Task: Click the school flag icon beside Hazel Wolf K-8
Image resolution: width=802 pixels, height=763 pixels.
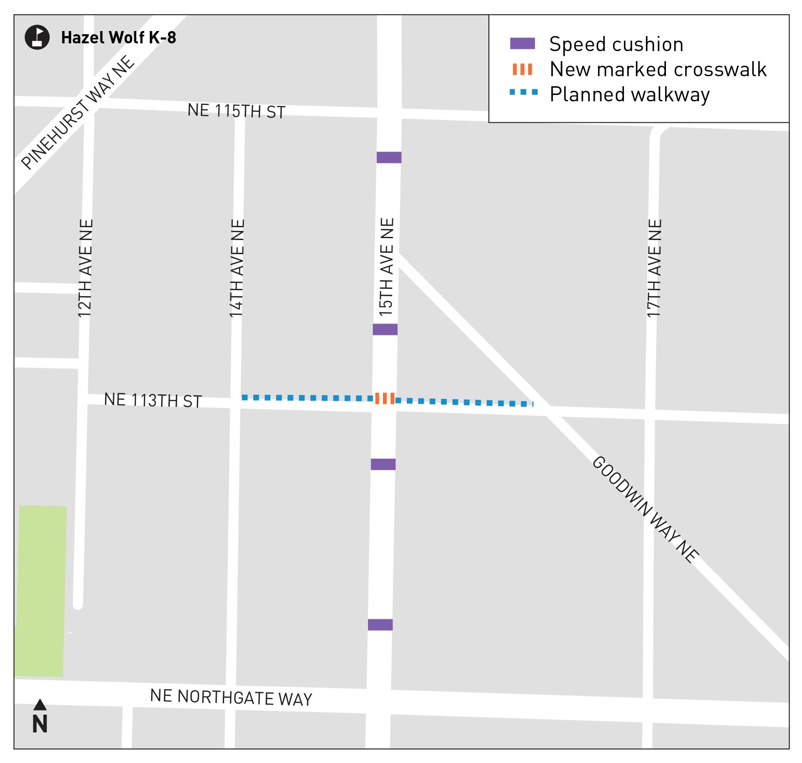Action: click(37, 37)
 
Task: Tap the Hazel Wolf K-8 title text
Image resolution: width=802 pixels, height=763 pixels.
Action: click(118, 37)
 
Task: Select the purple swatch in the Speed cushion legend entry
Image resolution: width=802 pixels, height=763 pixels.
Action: click(522, 44)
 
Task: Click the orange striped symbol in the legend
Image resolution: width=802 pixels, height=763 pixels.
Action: click(522, 69)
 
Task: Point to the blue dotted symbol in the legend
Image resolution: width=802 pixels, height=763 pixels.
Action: click(523, 93)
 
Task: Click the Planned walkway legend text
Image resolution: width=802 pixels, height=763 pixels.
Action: click(629, 94)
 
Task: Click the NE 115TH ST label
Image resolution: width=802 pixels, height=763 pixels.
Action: click(236, 111)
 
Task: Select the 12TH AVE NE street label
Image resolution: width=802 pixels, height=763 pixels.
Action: click(85, 268)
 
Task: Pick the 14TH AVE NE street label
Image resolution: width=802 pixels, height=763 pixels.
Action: click(237, 268)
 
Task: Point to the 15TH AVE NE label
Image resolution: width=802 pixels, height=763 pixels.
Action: click(386, 267)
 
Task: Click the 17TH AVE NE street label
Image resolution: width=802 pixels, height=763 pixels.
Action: click(654, 268)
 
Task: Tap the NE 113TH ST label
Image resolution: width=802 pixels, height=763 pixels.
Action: click(152, 400)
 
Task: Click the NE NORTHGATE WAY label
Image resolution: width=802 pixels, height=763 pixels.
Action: click(231, 697)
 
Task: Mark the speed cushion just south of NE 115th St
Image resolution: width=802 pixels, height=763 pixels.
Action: click(389, 157)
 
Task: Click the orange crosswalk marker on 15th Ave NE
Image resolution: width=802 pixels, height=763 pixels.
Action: click(385, 398)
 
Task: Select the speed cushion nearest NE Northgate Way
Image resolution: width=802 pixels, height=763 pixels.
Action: click(380, 625)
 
